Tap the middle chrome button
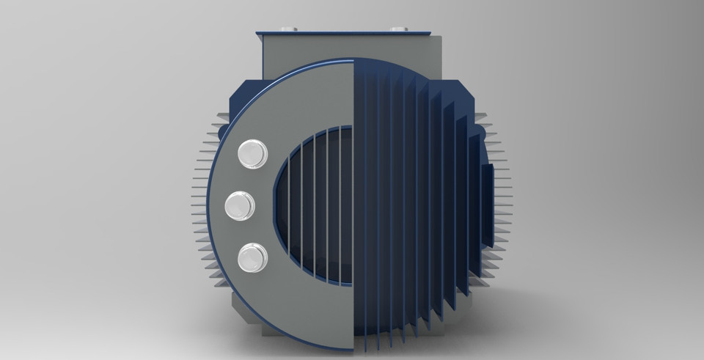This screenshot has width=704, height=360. coord(240,205)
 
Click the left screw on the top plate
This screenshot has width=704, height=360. coord(287,29)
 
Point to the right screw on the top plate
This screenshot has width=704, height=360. coord(399,29)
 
